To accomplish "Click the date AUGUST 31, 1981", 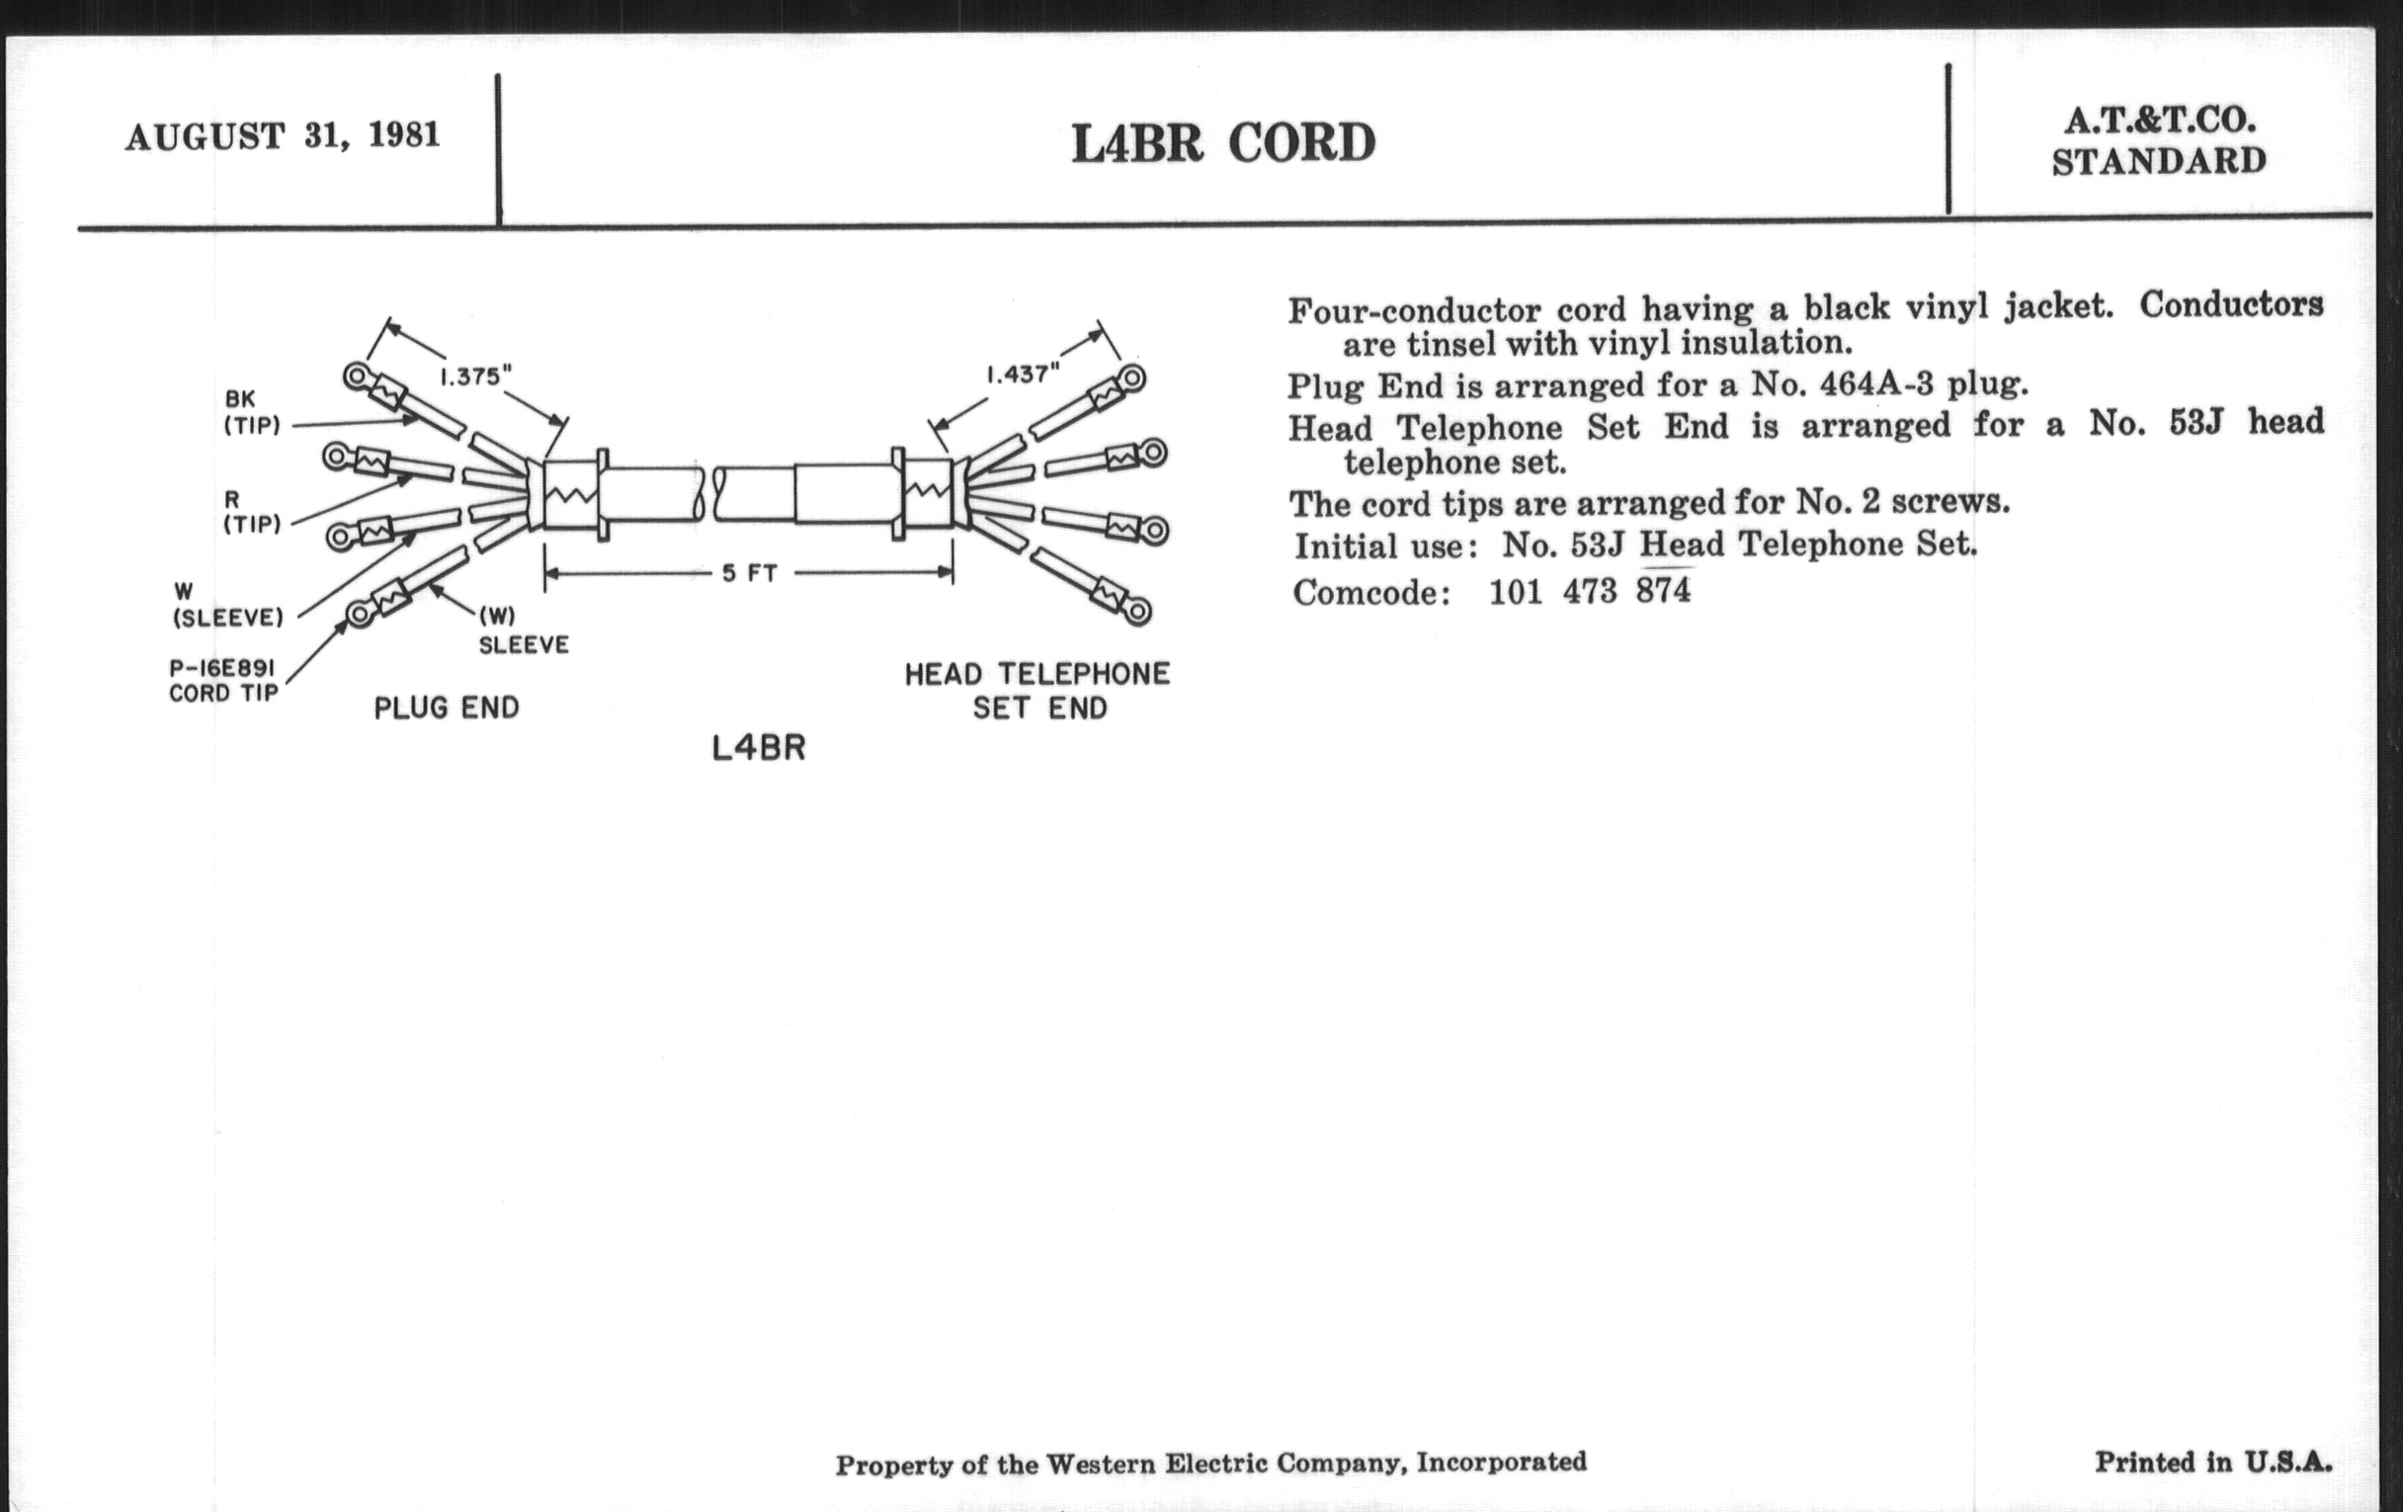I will pyautogui.click(x=283, y=135).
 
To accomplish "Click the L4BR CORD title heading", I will pyautogui.click(x=1223, y=143).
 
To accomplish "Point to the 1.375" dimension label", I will pyautogui.click(x=476, y=378).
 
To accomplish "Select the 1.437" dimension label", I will pyautogui.click(x=1022, y=376).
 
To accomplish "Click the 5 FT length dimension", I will pyautogui.click(x=749, y=574).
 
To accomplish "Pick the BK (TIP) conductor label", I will pyautogui.click(x=252, y=412).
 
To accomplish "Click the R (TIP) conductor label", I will pyautogui.click(x=252, y=511).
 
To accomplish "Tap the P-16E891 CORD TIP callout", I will pyautogui.click(x=222, y=681).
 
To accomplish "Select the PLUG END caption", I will pyautogui.click(x=446, y=709).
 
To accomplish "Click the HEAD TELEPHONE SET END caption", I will pyautogui.click(x=1037, y=691).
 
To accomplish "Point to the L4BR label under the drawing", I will pyautogui.click(x=759, y=748).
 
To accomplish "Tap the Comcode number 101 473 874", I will pyautogui.click(x=1590, y=592).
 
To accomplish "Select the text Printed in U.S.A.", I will pyautogui.click(x=2213, y=1464).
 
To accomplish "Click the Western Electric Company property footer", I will pyautogui.click(x=1210, y=1465).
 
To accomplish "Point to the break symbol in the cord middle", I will pyautogui.click(x=708, y=494).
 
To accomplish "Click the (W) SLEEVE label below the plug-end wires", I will pyautogui.click(x=523, y=630).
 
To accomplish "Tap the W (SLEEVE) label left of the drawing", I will pyautogui.click(x=227, y=606).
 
